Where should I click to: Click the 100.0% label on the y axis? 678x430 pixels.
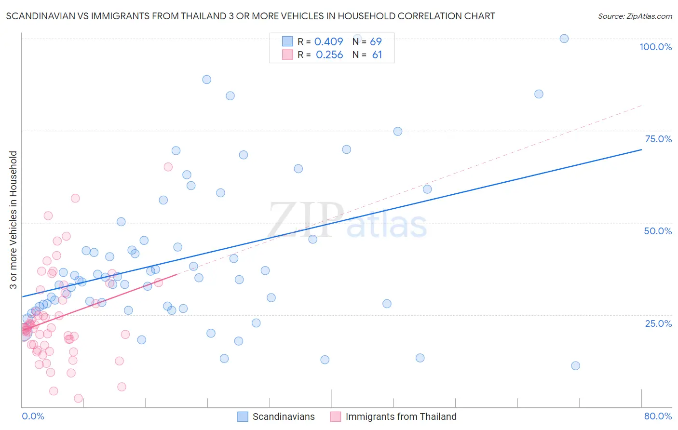(x=655, y=47)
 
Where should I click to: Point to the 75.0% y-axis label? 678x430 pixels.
(x=658, y=139)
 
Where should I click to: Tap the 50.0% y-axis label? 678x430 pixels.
(x=658, y=231)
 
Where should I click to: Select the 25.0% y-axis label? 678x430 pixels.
(x=658, y=323)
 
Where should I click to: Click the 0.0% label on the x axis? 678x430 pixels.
(x=33, y=416)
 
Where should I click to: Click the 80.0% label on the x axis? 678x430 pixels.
(x=658, y=416)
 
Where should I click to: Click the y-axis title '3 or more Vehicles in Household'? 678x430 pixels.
(x=13, y=220)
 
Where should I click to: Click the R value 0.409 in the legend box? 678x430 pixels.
(x=328, y=42)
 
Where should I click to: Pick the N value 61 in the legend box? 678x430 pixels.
(x=377, y=55)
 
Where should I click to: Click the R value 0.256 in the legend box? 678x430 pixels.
(x=329, y=55)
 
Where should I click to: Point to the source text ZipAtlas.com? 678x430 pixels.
(x=635, y=16)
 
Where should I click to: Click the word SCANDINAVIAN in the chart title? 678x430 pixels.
(x=40, y=16)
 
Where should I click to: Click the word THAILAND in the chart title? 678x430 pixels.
(x=203, y=16)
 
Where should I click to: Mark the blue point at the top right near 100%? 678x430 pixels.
(x=564, y=39)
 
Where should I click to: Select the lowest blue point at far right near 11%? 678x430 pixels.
(x=575, y=366)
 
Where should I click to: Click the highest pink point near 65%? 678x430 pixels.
(x=168, y=167)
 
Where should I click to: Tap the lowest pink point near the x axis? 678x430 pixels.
(x=78, y=398)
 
